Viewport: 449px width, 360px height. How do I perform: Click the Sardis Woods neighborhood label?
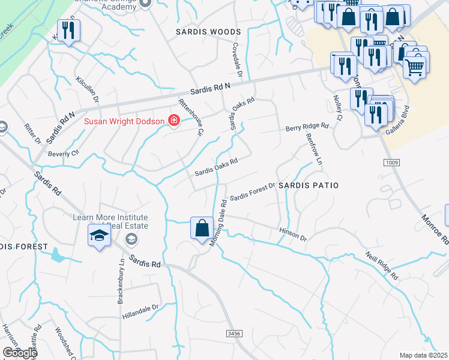point(208,31)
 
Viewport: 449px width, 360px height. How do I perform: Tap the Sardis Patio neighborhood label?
point(309,185)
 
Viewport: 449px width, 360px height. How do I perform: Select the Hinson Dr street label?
point(293,234)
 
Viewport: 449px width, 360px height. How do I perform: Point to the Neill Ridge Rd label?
point(382,266)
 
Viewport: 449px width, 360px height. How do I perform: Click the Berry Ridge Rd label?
point(307,127)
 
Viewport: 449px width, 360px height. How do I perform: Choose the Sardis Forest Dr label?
point(252,191)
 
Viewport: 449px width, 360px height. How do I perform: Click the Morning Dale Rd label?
point(217,223)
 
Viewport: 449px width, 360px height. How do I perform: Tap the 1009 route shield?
point(390,163)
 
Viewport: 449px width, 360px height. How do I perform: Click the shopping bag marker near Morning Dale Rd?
point(202,229)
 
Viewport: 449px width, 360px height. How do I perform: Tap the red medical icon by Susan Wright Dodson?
point(174,121)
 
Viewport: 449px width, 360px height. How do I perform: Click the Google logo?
point(19,353)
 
